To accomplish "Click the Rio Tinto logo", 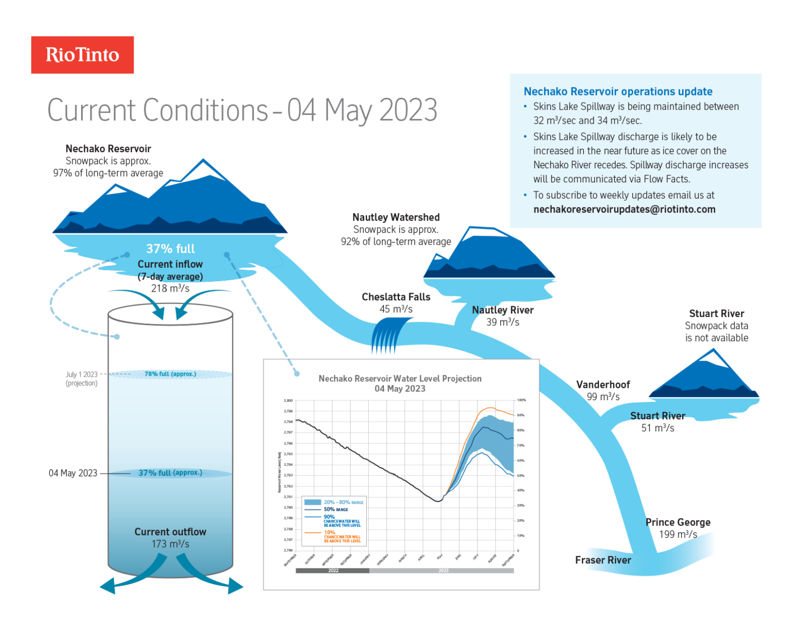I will (82, 55).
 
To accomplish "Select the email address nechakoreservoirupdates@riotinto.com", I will (624, 209).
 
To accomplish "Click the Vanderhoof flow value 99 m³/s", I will (603, 397).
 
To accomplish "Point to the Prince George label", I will (677, 522).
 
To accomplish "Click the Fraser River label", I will (603, 560).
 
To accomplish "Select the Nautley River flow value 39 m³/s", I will (502, 322).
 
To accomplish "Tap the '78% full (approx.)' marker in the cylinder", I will (170, 374).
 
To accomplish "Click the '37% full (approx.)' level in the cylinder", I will (170, 472).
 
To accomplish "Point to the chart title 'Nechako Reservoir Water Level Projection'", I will (400, 378).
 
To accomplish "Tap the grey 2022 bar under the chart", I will (332, 570).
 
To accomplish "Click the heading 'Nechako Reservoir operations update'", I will (618, 91).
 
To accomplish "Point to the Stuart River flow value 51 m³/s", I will (657, 428).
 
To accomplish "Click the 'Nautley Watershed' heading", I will (396, 217).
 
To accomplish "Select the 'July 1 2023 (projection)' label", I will (82, 378).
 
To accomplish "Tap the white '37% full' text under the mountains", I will (170, 248).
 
